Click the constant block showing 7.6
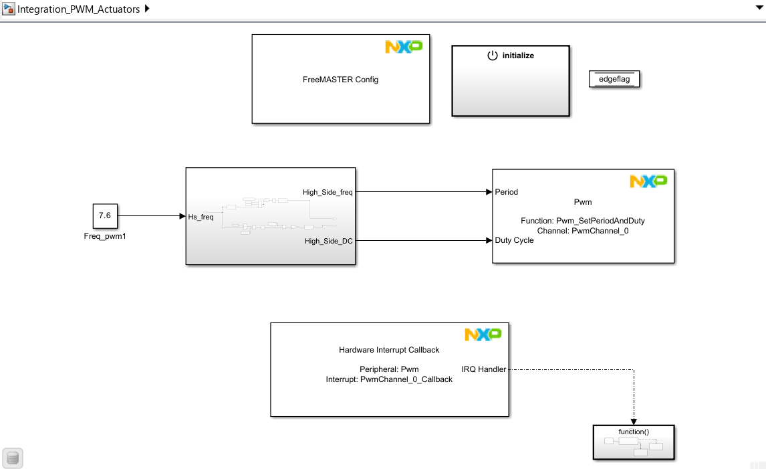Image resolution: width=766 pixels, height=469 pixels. [104, 216]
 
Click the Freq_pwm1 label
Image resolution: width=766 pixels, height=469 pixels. [104, 236]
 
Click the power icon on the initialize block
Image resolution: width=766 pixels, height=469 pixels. [493, 56]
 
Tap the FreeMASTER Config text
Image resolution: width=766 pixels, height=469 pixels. [340, 80]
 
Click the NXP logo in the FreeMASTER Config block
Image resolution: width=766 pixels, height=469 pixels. [404, 47]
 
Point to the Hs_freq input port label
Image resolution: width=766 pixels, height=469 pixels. [201, 217]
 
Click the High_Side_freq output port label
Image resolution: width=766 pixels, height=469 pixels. [328, 193]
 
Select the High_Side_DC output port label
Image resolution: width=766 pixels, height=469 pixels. [328, 241]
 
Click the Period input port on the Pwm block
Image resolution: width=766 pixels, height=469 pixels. [506, 192]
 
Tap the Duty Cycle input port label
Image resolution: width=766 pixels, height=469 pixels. [514, 240]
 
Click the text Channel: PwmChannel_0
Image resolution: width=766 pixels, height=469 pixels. [583, 231]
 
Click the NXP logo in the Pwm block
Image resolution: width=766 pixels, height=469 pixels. [648, 181]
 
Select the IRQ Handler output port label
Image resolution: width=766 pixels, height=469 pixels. [483, 369]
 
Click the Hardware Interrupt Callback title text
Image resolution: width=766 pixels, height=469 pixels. [389, 350]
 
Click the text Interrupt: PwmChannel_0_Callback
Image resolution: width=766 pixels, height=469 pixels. [389, 379]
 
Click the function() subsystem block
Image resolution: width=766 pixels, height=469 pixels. [633, 442]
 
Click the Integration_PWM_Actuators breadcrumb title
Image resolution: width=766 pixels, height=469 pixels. [79, 9]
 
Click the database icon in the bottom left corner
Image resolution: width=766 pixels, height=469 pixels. [13, 458]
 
